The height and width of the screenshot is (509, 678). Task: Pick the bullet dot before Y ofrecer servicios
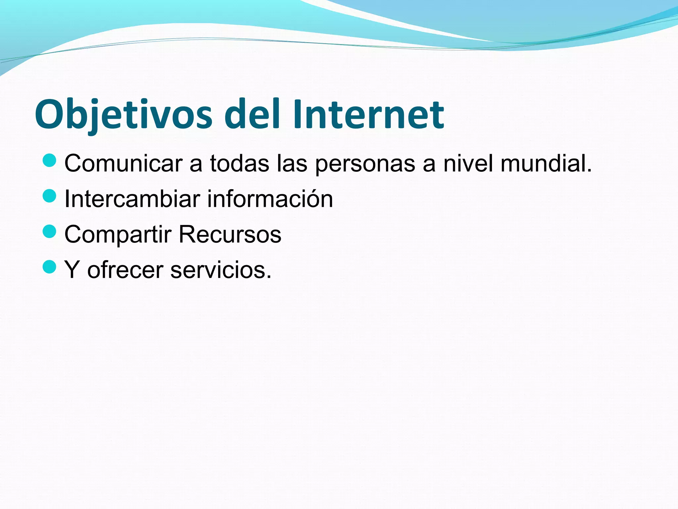pos(50,267)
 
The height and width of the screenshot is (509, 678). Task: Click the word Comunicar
pos(123,163)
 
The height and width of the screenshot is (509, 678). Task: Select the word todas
pos(239,163)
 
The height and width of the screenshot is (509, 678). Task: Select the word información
pos(270,199)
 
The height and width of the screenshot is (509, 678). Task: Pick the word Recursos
pos(230,234)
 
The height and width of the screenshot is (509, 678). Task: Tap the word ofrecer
pos(125,270)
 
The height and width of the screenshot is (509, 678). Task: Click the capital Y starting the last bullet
pos(72,270)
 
